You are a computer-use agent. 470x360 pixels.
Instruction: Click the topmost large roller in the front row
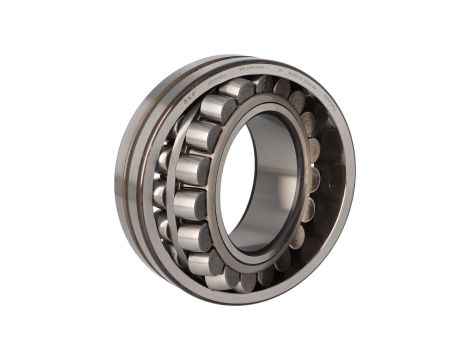coord(218,107)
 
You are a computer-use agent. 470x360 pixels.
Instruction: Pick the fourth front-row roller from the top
coord(190,204)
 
